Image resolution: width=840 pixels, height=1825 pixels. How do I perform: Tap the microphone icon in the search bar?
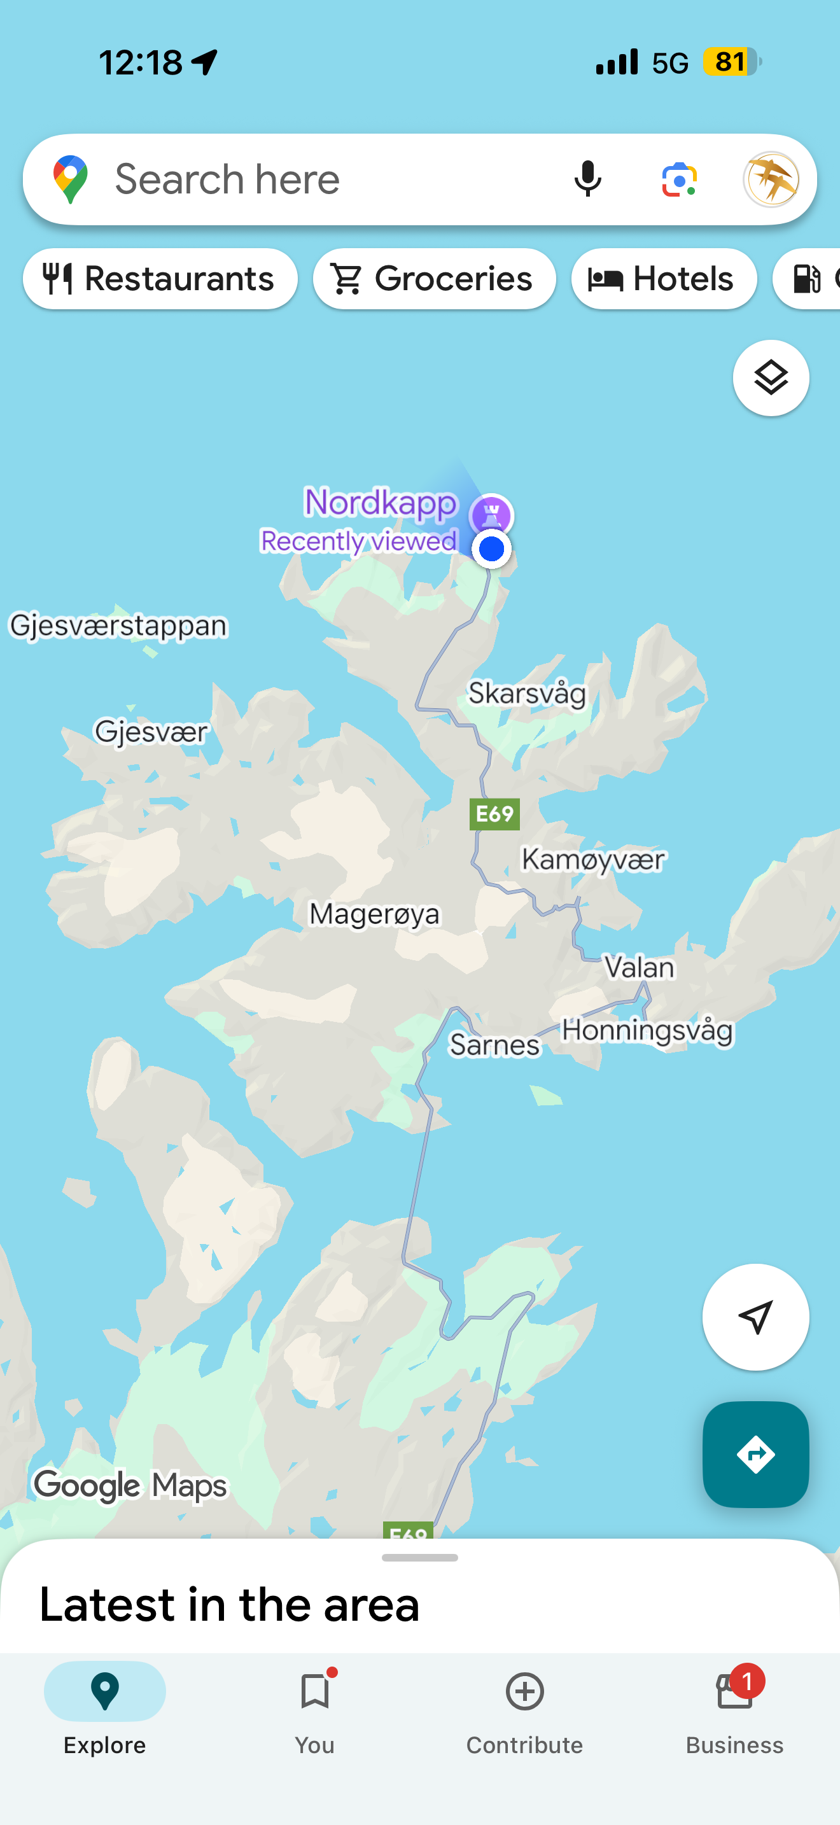pyautogui.click(x=587, y=179)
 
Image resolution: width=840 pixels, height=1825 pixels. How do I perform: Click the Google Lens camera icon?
pyautogui.click(x=679, y=179)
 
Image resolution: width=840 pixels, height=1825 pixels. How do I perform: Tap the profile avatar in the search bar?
pyautogui.click(x=771, y=179)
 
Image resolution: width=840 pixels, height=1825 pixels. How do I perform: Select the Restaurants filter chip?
pyautogui.click(x=160, y=279)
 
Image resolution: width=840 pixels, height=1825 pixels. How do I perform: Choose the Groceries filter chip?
pyautogui.click(x=434, y=279)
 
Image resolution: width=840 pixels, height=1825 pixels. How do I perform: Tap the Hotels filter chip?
pyautogui.click(x=664, y=279)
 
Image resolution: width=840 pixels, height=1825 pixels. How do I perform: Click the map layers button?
pyautogui.click(x=771, y=377)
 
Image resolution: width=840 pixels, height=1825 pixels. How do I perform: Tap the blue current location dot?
pyautogui.click(x=491, y=549)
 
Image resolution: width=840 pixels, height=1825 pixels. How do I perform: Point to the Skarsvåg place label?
pyautogui.click(x=528, y=693)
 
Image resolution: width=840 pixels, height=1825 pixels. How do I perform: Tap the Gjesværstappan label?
pyautogui.click(x=118, y=626)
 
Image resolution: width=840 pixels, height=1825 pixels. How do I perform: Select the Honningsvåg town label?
pyautogui.click(x=647, y=1030)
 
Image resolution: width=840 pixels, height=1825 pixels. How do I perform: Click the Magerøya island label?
pyautogui.click(x=374, y=914)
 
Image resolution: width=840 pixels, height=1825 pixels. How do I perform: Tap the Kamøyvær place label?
pyautogui.click(x=594, y=859)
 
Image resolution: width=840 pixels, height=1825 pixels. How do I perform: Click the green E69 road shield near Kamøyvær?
pyautogui.click(x=494, y=814)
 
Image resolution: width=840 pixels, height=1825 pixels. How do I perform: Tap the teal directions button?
pyautogui.click(x=755, y=1455)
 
